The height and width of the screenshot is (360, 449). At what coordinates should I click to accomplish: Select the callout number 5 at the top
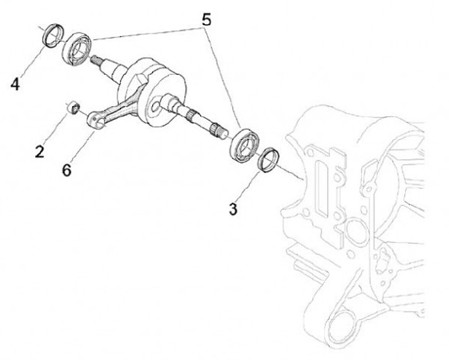click(x=206, y=19)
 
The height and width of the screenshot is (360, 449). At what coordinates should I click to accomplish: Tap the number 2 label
click(x=40, y=151)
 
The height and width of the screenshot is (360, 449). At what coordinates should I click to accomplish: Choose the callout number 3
click(x=233, y=209)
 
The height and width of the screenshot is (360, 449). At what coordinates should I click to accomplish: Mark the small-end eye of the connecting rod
click(x=94, y=119)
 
